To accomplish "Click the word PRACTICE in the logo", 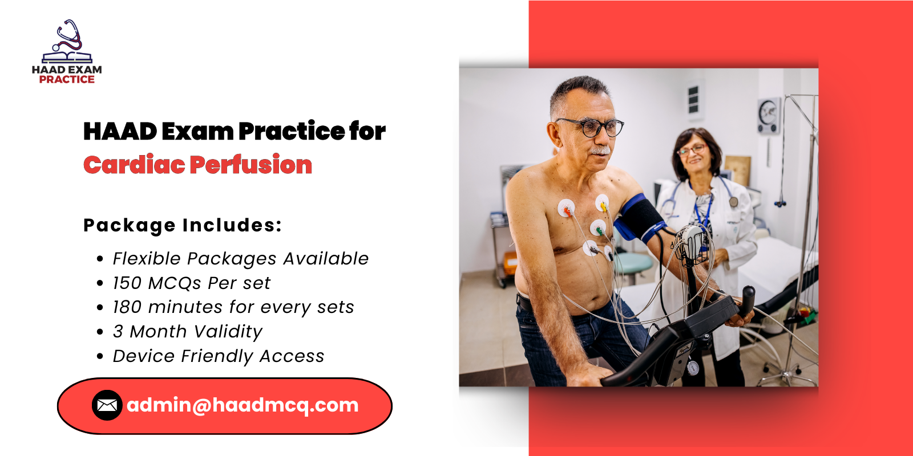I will click(67, 80).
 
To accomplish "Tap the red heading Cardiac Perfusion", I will click(197, 165).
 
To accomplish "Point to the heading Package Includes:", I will click(183, 225).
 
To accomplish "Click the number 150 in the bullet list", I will click(127, 283).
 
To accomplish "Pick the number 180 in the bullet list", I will click(127, 307).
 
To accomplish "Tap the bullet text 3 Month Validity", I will click(187, 332).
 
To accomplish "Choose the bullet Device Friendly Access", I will click(218, 356).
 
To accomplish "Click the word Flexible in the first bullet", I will click(147, 259).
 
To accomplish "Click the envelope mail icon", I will click(107, 405).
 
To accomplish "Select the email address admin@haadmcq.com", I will click(243, 405).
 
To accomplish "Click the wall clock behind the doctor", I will click(768, 115).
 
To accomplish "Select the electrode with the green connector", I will click(597, 229).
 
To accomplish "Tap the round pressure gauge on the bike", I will click(692, 368).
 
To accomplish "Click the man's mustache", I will click(600, 150).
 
